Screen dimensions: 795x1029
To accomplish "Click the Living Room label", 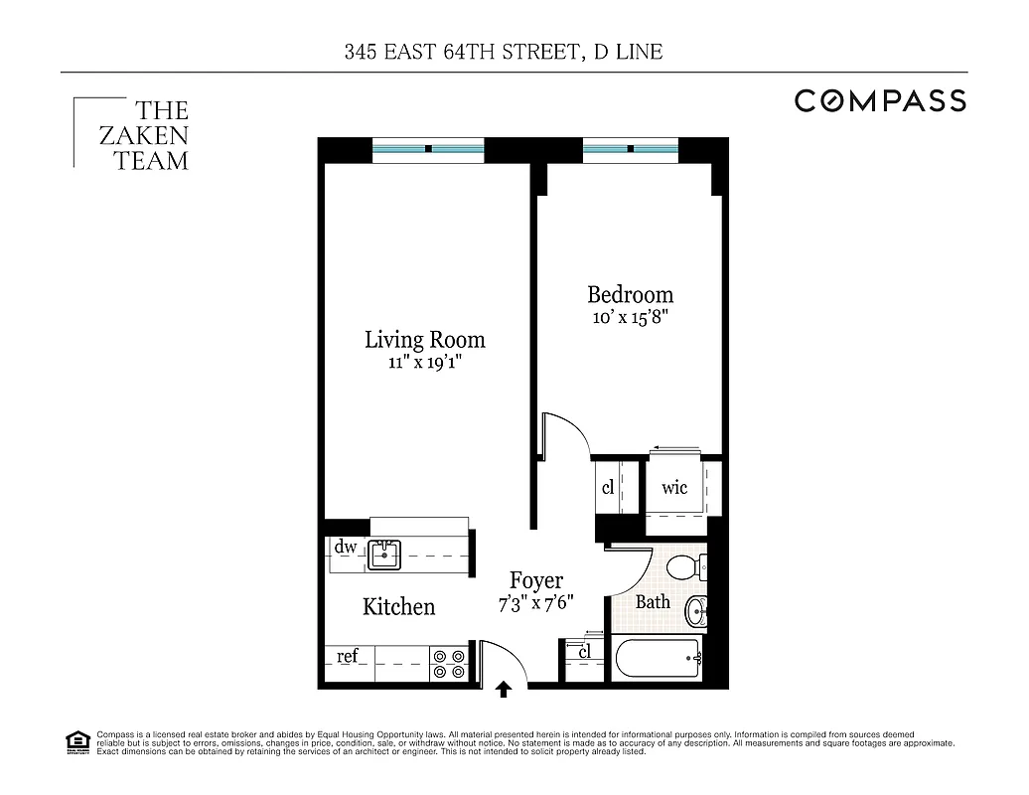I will coord(424,340).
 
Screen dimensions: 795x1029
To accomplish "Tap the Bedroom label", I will coord(630,295).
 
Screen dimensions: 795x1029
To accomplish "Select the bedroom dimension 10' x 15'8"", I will coord(630,318).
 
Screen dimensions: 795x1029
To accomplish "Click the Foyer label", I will coord(536,581).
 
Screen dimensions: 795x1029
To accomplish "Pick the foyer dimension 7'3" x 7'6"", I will coord(536,604).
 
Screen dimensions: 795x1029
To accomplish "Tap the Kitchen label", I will coord(398,606).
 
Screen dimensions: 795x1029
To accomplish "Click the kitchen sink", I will coord(383,555).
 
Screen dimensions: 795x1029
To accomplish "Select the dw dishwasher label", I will coord(345,547).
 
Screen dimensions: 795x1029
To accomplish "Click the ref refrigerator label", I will coord(347,657).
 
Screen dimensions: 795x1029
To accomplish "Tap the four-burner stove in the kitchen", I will coord(449,664).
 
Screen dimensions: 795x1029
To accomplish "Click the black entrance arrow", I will coord(504,687).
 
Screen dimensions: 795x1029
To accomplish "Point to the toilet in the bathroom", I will coord(684,567).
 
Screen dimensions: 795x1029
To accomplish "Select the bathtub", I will coord(659,658).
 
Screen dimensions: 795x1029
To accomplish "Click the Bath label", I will coord(653,601).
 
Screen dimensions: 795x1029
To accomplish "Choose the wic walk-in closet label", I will coord(674,488).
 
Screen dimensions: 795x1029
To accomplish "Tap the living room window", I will coord(428,149).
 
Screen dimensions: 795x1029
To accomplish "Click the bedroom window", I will coord(630,149).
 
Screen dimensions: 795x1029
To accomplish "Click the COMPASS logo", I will coord(879,100).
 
